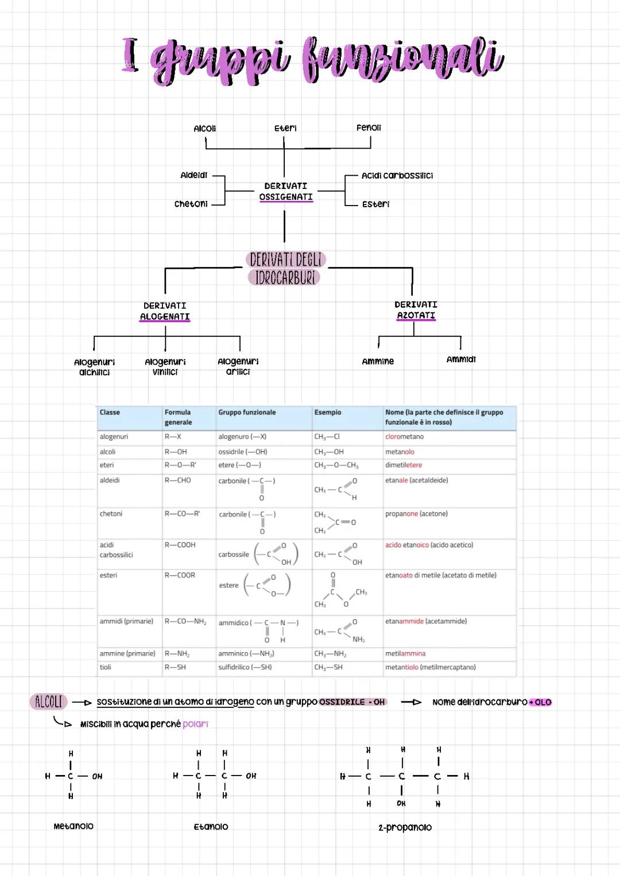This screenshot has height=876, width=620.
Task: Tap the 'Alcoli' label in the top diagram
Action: click(205, 129)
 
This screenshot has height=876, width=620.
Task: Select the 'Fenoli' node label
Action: click(369, 127)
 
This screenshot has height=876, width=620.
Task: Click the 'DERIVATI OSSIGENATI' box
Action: click(285, 192)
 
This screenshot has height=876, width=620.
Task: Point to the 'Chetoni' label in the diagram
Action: click(191, 204)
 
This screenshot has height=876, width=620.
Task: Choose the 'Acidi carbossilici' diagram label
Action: click(397, 176)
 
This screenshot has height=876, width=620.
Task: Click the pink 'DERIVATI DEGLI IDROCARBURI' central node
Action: click(286, 269)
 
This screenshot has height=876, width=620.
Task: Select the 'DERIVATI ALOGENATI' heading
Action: click(165, 311)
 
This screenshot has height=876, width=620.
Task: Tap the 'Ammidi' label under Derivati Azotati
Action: click(461, 359)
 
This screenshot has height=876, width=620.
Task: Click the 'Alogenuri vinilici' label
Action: click(165, 367)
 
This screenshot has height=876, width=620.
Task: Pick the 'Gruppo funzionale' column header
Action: click(247, 412)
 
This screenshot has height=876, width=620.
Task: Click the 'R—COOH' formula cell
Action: click(180, 545)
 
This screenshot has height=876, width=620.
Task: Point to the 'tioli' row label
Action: click(106, 667)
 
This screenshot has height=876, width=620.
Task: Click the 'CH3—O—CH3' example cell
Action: click(336, 465)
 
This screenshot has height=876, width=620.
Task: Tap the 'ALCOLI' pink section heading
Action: click(49, 701)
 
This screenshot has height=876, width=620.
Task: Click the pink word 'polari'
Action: click(195, 724)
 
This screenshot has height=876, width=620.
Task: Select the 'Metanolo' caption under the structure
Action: click(73, 826)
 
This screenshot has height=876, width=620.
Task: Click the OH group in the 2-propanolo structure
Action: click(401, 804)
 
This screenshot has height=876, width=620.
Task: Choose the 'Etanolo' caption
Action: click(211, 827)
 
